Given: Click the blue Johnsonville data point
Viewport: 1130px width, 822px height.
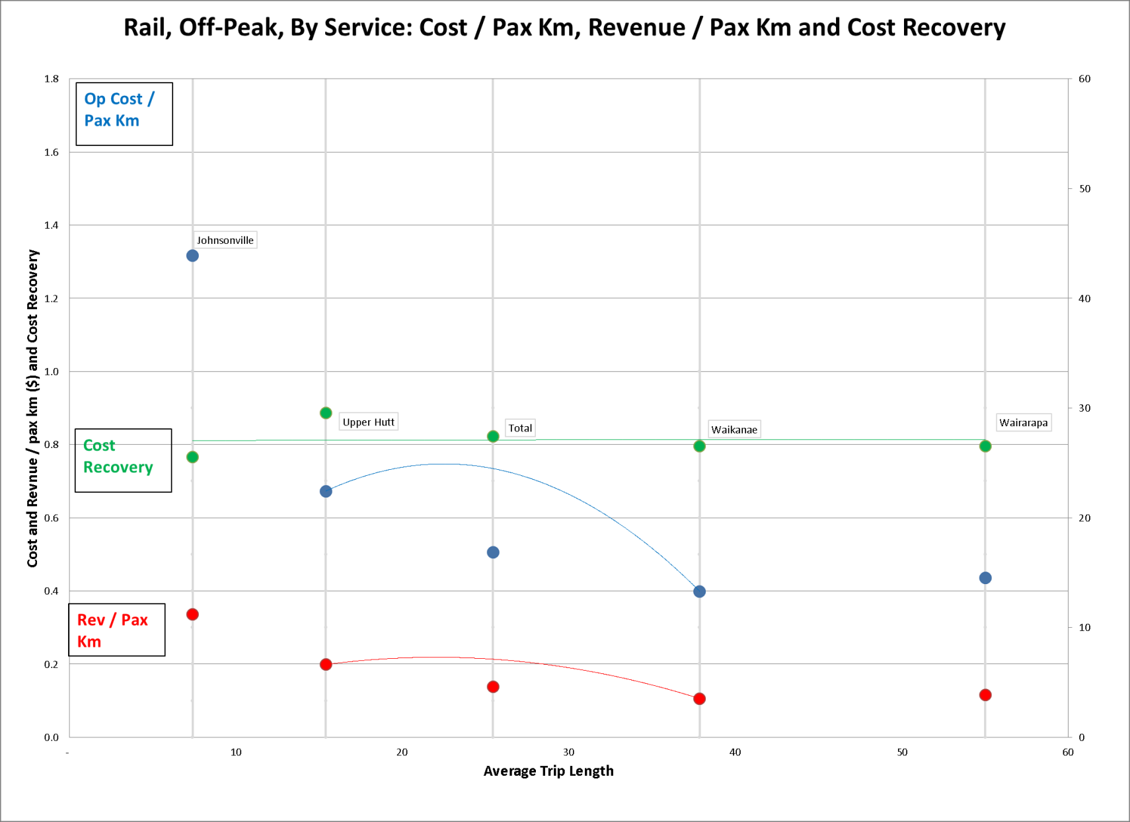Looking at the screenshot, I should click(x=192, y=256).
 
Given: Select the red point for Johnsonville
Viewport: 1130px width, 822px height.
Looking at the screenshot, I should click(x=192, y=615).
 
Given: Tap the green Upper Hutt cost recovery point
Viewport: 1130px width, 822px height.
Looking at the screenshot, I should click(x=326, y=413).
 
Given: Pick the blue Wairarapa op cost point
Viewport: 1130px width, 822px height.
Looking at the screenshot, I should click(x=985, y=578).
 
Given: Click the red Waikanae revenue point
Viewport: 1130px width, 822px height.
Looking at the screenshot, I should click(x=699, y=698).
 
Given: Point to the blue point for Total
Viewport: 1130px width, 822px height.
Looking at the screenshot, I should click(x=493, y=552).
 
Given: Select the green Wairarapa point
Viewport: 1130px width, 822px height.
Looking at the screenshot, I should click(x=985, y=446).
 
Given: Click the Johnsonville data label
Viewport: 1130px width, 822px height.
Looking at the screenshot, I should click(x=225, y=240).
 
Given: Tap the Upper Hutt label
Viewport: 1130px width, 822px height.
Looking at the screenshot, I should click(x=368, y=422).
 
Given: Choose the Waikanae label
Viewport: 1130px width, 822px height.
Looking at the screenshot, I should click(x=734, y=430).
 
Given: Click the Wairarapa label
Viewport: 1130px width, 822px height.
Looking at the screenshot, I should click(x=1023, y=423).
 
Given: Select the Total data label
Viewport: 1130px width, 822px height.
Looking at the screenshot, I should click(x=520, y=428).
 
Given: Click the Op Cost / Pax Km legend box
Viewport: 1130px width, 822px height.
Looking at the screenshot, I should click(x=124, y=114).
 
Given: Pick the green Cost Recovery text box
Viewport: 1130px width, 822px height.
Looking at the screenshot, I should click(x=123, y=461).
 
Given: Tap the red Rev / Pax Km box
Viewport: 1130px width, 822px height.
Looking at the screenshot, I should click(x=117, y=630).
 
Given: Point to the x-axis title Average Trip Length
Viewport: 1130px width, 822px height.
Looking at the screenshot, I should click(x=548, y=771).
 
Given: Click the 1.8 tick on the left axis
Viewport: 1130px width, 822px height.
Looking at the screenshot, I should click(x=52, y=79).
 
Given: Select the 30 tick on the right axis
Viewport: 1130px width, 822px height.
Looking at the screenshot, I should click(x=1084, y=408).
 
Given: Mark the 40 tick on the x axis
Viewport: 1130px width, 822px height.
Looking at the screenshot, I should click(x=735, y=752).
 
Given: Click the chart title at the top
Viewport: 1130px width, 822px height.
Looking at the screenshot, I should click(x=564, y=28).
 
